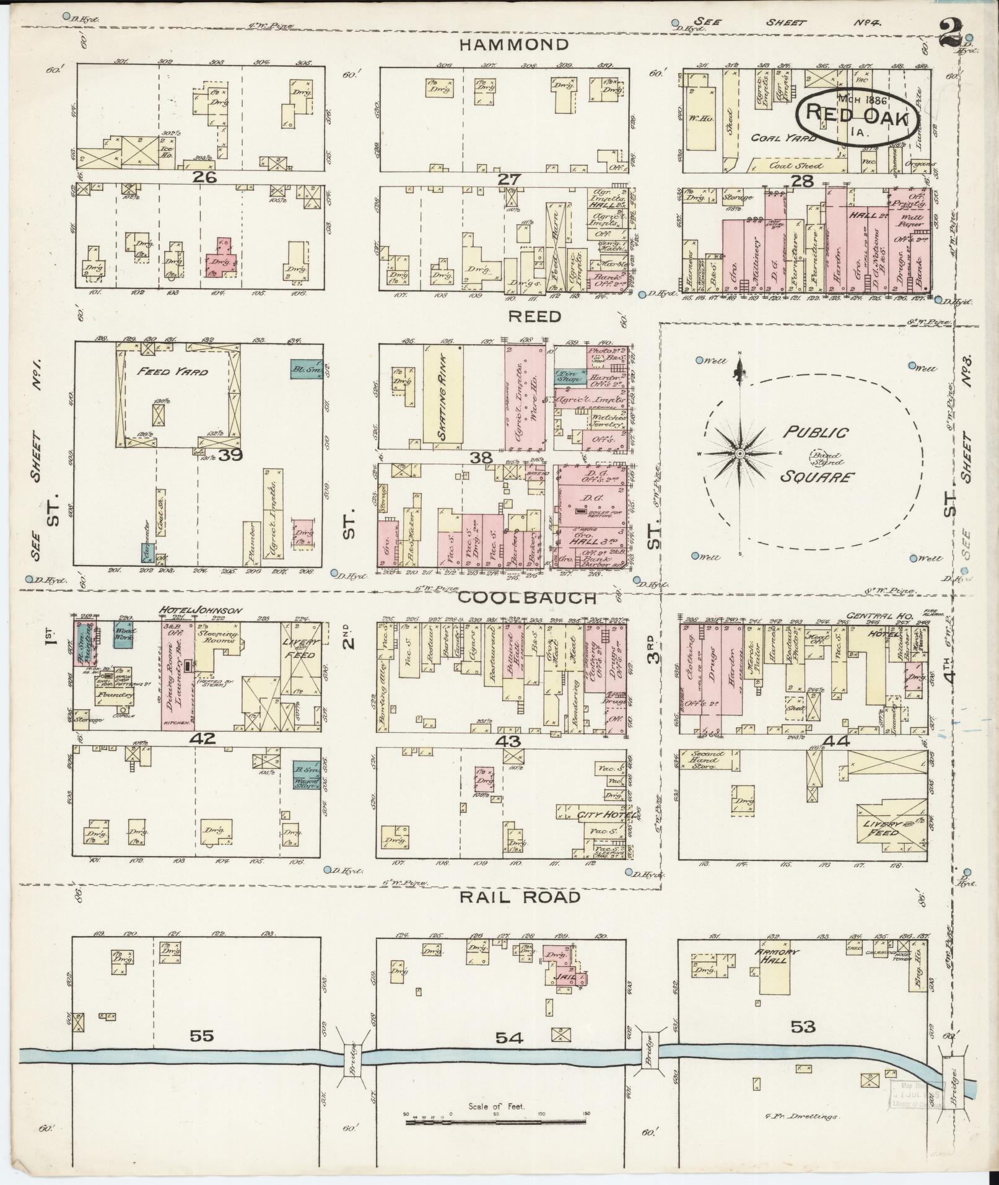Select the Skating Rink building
[x=443, y=395]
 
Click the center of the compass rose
[x=739, y=454]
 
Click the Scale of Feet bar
[x=497, y=1121]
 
